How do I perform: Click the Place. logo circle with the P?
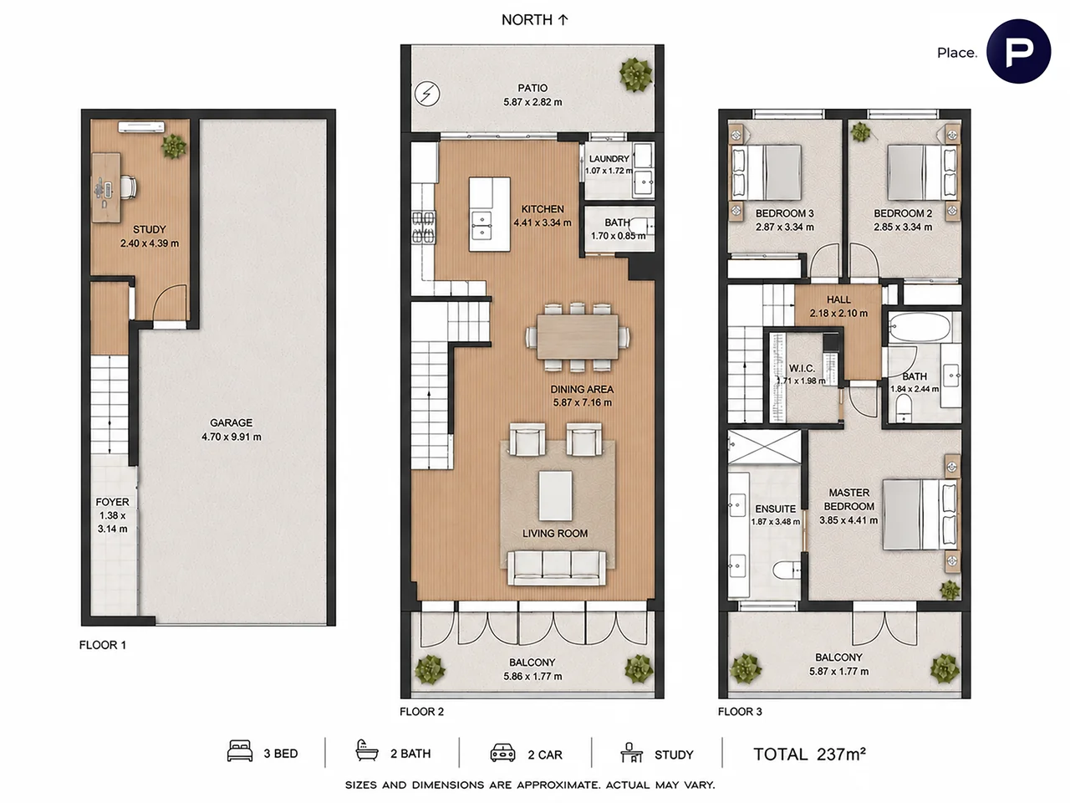pyautogui.click(x=1018, y=51)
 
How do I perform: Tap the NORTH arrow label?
pyautogui.click(x=535, y=20)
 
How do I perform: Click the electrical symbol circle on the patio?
pyautogui.click(x=427, y=94)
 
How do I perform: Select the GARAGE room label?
pyautogui.click(x=231, y=422)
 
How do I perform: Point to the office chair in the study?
pyautogui.click(x=128, y=187)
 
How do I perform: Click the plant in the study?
pyautogui.click(x=174, y=146)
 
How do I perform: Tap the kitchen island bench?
pyautogui.click(x=489, y=214)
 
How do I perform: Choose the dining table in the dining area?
pyautogui.click(x=578, y=337)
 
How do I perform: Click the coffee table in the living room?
pyautogui.click(x=555, y=496)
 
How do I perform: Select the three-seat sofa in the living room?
pyautogui.click(x=556, y=567)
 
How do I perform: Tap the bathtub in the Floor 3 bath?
pyautogui.click(x=920, y=328)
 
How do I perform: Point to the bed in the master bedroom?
pyautogui.click(x=920, y=514)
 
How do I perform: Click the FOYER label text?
pyautogui.click(x=112, y=502)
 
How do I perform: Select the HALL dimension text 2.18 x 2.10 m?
pyautogui.click(x=838, y=314)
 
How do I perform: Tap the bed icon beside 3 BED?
pyautogui.click(x=240, y=751)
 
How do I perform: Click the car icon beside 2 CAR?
pyautogui.click(x=502, y=753)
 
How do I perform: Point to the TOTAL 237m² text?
pyautogui.click(x=810, y=754)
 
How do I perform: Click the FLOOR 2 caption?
pyautogui.click(x=421, y=712)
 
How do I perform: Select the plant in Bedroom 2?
pyautogui.click(x=860, y=132)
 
